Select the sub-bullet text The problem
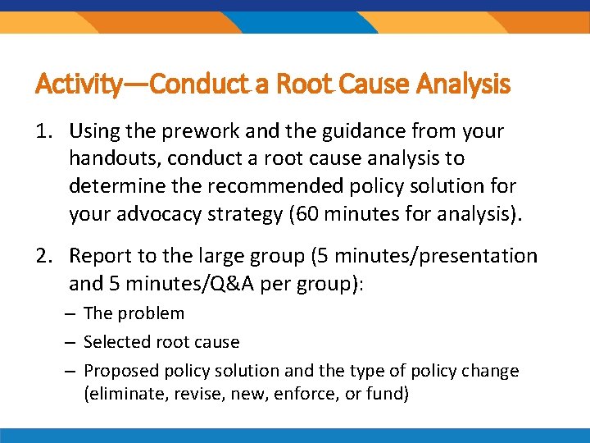(134, 313)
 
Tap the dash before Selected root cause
(74, 342)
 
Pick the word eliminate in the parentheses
(125, 394)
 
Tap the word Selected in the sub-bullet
(114, 342)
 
